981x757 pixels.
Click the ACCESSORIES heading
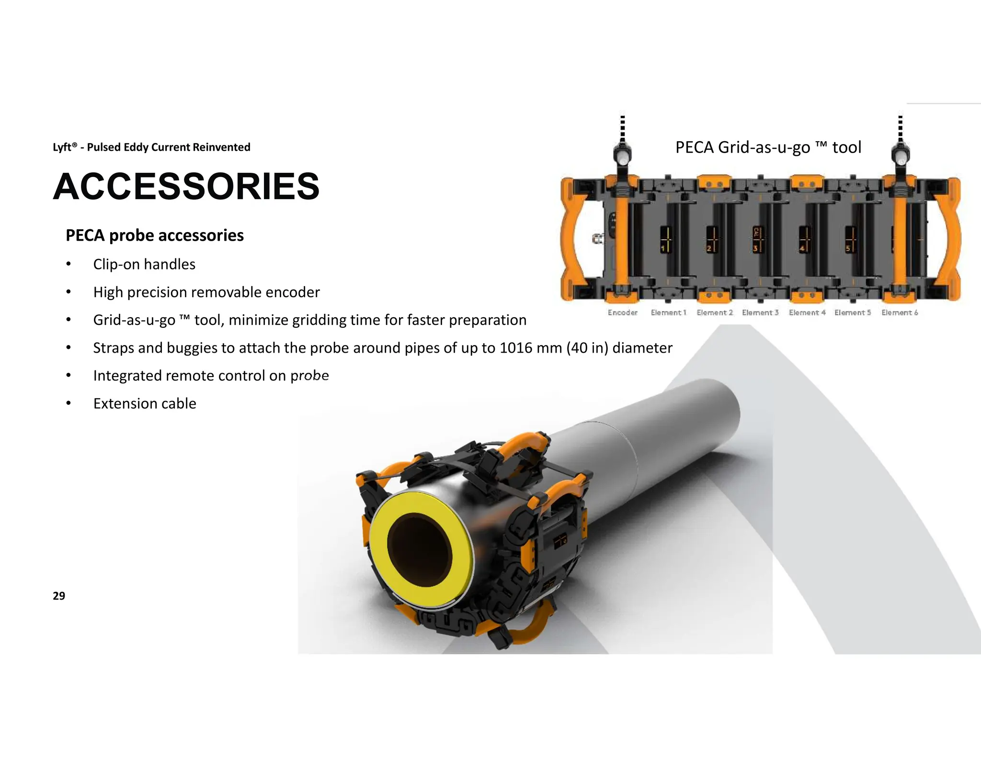click(186, 187)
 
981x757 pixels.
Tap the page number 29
click(59, 596)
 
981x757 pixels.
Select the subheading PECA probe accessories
click(154, 235)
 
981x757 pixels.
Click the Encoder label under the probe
click(622, 312)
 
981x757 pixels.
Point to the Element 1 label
click(668, 312)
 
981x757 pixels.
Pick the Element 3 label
click(760, 312)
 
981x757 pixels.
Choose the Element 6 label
click(900, 312)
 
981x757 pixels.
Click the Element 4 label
click(807, 312)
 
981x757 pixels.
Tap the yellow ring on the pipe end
click(383, 574)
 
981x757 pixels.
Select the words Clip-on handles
click(144, 264)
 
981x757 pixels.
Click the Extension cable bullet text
click(145, 403)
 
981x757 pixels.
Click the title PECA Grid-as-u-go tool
click(768, 147)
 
